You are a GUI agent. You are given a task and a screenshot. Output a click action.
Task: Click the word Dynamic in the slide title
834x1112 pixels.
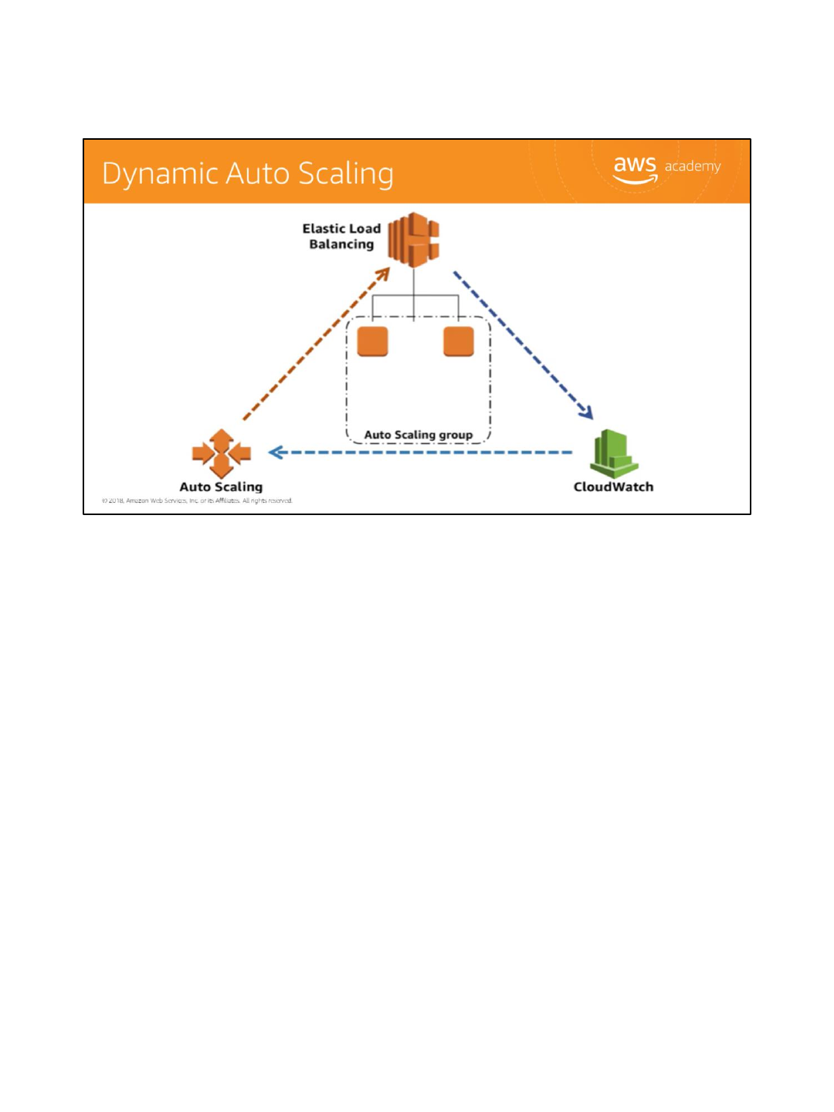coord(160,175)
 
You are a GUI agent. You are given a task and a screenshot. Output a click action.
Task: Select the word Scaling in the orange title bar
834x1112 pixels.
coord(346,175)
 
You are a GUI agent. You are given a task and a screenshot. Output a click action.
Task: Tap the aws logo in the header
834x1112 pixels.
coord(635,168)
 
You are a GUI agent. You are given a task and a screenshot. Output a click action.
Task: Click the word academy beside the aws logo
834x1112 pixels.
coord(693,166)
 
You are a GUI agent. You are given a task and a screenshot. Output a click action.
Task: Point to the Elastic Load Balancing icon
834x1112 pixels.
coord(414,239)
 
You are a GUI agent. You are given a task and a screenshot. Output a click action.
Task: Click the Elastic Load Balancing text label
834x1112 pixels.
coord(341,236)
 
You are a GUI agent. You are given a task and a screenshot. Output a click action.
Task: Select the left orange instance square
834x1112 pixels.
coord(373,341)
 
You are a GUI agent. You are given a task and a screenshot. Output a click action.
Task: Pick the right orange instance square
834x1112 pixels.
coord(458,341)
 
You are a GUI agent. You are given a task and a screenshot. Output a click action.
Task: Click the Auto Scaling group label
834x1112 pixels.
coord(419,435)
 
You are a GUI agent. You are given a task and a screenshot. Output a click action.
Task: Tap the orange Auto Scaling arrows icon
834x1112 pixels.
coord(222,453)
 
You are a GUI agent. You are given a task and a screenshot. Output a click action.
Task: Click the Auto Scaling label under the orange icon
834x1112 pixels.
coord(221,486)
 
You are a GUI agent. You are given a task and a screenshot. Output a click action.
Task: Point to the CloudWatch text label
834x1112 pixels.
coord(613,486)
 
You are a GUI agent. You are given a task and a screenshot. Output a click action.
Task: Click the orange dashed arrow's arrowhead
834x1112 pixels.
coord(383,274)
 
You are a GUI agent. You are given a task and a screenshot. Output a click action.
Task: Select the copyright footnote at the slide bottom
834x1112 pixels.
coord(197,500)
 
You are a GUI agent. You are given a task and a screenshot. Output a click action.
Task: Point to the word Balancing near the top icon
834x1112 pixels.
coord(341,245)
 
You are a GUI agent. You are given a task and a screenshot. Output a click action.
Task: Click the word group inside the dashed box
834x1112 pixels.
coord(456,436)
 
